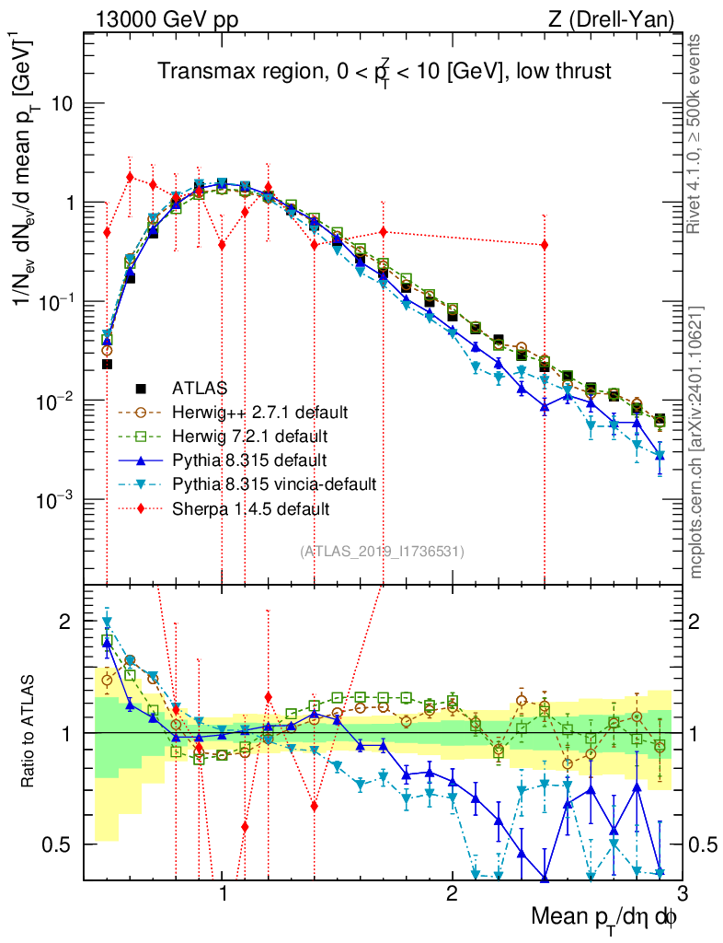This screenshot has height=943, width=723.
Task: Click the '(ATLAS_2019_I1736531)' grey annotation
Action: pyautogui.click(x=382, y=552)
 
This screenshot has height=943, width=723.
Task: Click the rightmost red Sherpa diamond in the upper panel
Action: pyautogui.click(x=545, y=244)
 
